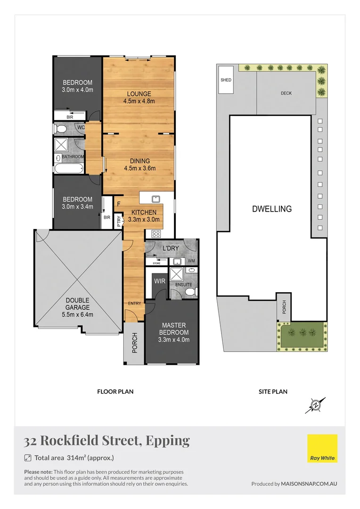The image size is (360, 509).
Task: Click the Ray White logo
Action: click(322, 449)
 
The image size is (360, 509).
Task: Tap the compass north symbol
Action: click(315, 404)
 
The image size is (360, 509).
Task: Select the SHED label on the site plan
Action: click(226, 80)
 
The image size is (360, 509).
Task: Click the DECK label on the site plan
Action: click(286, 93)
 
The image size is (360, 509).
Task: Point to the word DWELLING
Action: click(271, 209)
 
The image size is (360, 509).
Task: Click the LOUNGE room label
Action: click(139, 93)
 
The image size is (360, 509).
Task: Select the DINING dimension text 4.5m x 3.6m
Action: click(139, 168)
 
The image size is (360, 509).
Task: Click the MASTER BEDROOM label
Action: click(173, 329)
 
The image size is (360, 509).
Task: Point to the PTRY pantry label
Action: click(119, 221)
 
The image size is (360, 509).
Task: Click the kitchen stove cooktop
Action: click(155, 234)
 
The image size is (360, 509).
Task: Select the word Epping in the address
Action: click(168, 440)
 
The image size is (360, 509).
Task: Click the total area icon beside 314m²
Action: click(28, 458)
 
